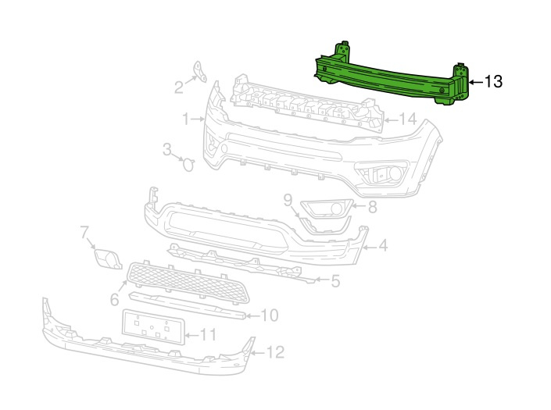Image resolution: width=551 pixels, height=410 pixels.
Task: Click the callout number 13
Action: (x=493, y=81)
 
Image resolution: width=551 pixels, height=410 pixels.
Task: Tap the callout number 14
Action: (x=407, y=119)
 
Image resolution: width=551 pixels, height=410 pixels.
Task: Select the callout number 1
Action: (x=186, y=119)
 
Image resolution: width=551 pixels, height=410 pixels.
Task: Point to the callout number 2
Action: (x=179, y=87)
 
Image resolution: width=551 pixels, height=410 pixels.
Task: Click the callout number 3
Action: (x=167, y=149)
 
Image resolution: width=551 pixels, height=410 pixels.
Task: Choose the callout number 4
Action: (x=383, y=245)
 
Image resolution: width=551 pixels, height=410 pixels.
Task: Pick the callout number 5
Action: (x=335, y=281)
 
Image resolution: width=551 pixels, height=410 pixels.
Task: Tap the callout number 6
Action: (x=115, y=299)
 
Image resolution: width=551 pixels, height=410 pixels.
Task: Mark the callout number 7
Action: (x=84, y=233)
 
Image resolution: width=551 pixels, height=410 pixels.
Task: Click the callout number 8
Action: (x=372, y=207)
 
